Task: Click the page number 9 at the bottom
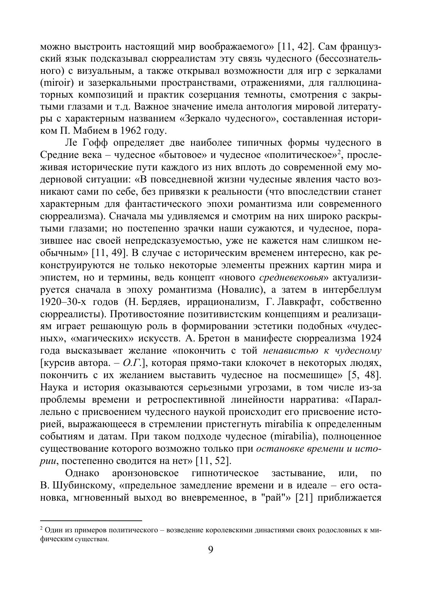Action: click(x=210, y=549)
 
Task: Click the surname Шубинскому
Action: click(x=82, y=485)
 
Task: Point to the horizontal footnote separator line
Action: click(x=91, y=520)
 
